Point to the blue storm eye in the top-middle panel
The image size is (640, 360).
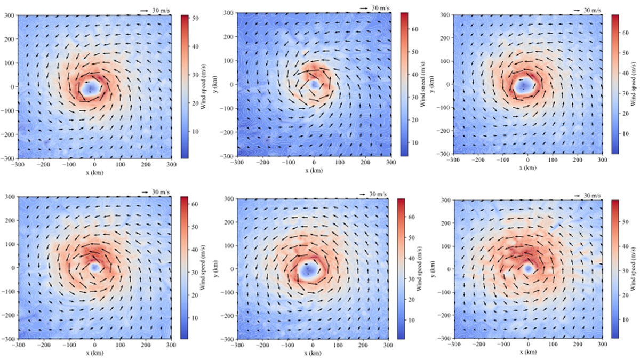pyautogui.click(x=314, y=84)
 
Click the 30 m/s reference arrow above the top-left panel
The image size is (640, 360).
pyautogui.click(x=145, y=10)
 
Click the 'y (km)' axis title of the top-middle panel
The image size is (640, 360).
pyautogui.click(x=219, y=84)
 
